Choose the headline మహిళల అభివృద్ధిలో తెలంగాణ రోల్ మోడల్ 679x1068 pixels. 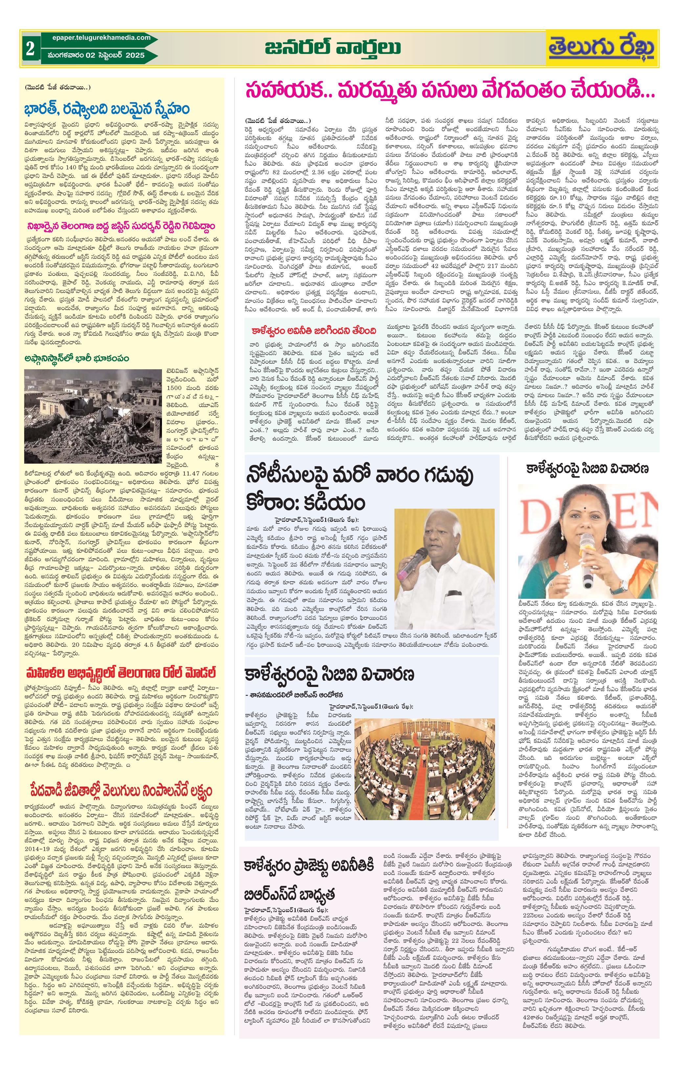tap(121, 673)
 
